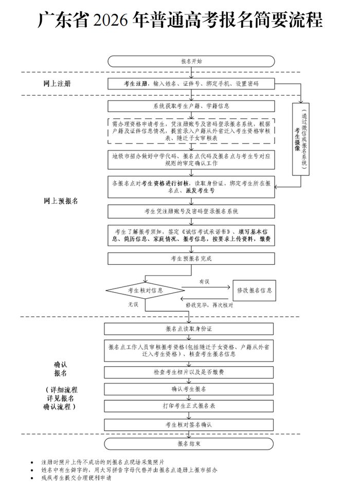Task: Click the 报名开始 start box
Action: click(191, 61)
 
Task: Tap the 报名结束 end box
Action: click(189, 443)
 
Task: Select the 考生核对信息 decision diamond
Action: click(146, 291)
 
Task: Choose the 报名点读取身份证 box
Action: click(189, 328)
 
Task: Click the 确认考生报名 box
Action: click(189, 389)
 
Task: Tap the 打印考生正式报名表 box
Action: click(189, 406)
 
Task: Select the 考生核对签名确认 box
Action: click(189, 425)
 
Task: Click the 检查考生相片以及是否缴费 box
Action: click(189, 371)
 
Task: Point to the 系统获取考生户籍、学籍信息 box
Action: click(191, 106)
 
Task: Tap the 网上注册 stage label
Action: click(57, 83)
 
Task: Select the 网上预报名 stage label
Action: click(61, 201)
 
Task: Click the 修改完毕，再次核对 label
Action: click(209, 305)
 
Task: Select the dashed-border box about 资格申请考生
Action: click(191, 131)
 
